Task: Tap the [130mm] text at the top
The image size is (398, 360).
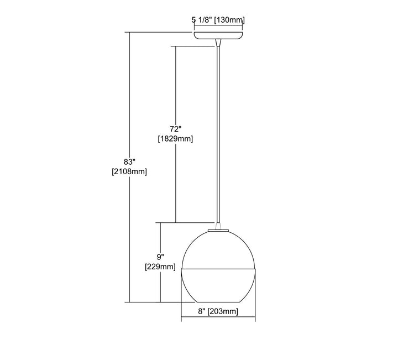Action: pos(229,20)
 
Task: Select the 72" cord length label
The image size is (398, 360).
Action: pos(176,129)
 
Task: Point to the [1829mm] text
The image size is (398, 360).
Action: pos(175,139)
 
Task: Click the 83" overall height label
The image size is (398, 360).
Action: pos(129,161)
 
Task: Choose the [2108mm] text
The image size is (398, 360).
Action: pos(129,171)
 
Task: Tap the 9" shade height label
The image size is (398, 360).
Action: pos(160,257)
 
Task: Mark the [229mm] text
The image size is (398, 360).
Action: pos(160,267)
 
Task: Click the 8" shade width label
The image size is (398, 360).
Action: pos(202,311)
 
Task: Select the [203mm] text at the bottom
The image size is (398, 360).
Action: pos(223,311)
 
